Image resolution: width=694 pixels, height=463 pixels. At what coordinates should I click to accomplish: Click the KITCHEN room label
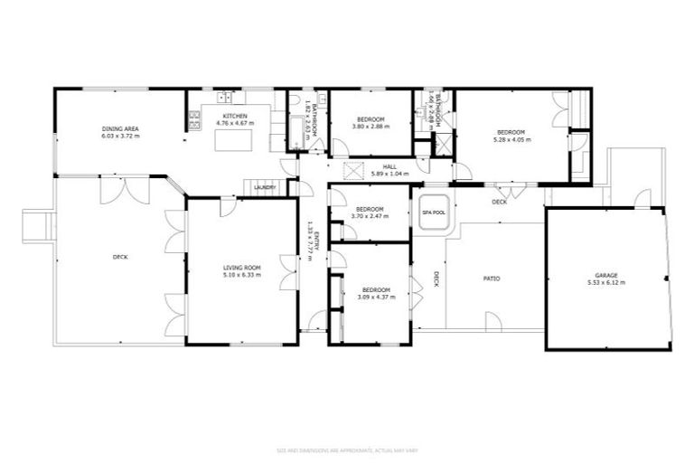[x=235, y=118]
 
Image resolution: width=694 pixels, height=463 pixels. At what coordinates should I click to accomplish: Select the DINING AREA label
[x=118, y=129]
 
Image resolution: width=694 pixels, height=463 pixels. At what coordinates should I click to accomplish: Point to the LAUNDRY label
[x=265, y=187]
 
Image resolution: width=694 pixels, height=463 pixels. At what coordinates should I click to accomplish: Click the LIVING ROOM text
[x=242, y=268]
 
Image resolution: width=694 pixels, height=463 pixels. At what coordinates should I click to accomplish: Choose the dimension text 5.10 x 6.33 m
[x=242, y=275]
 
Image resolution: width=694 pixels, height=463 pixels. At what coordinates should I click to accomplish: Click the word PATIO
[x=492, y=278]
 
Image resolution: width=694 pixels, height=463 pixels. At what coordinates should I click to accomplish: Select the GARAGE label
[x=605, y=275]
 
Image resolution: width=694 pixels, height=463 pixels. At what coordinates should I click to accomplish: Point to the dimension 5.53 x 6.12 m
[x=605, y=282]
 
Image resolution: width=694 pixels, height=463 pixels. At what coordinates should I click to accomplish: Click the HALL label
[x=389, y=166]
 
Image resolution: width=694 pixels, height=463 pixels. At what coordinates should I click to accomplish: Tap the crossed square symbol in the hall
[x=353, y=168]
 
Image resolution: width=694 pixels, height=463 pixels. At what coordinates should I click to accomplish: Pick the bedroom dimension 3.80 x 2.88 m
[x=370, y=127]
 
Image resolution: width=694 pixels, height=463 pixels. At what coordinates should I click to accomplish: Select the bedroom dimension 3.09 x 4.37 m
[x=375, y=298]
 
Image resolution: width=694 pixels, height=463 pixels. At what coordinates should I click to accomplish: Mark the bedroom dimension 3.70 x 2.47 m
[x=370, y=217]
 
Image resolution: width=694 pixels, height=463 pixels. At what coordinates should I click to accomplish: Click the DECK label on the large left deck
[x=120, y=257]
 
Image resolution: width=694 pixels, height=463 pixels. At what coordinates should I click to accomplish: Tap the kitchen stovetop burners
[x=193, y=119]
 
